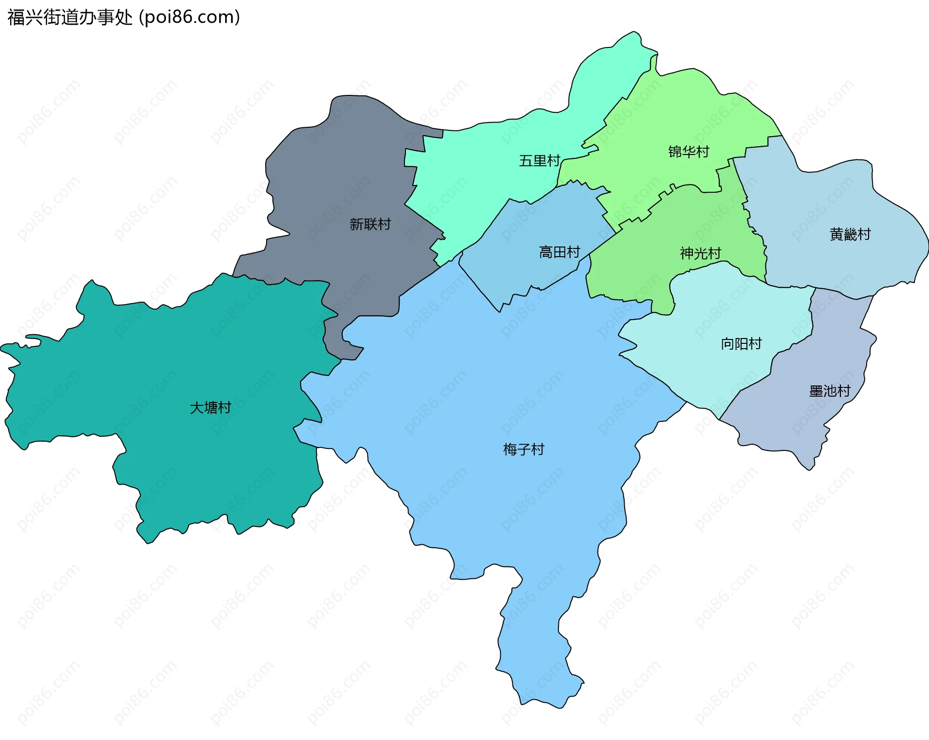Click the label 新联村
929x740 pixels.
click(x=370, y=224)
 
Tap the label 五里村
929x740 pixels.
click(x=539, y=161)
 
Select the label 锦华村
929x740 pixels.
click(x=688, y=152)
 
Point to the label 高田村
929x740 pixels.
click(x=559, y=252)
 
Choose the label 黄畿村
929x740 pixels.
click(x=850, y=234)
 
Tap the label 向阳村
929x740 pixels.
click(x=741, y=344)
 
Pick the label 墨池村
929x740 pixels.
click(x=829, y=391)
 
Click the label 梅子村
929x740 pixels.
click(x=524, y=449)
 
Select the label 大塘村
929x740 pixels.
click(x=210, y=408)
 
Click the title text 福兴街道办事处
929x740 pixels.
click(x=70, y=17)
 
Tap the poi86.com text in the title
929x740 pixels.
click(x=190, y=17)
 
